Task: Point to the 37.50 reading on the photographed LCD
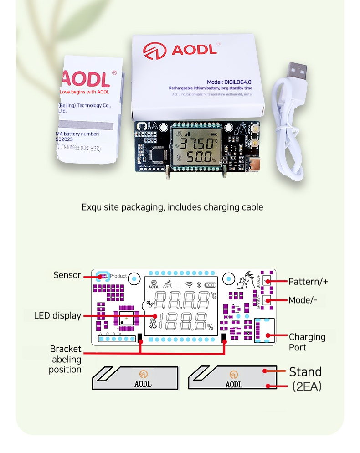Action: click(196, 144)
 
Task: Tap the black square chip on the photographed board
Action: click(155, 154)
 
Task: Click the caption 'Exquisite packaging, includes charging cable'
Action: click(172, 207)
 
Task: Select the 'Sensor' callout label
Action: click(67, 275)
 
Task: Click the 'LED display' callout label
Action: click(57, 316)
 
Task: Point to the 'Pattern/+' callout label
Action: click(308, 281)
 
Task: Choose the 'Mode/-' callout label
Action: click(303, 300)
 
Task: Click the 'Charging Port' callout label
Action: click(307, 342)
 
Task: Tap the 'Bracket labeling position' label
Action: click(65, 359)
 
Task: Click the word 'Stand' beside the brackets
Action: click(305, 372)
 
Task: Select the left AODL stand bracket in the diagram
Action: click(135, 377)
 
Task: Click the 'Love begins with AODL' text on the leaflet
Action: click(85, 92)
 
